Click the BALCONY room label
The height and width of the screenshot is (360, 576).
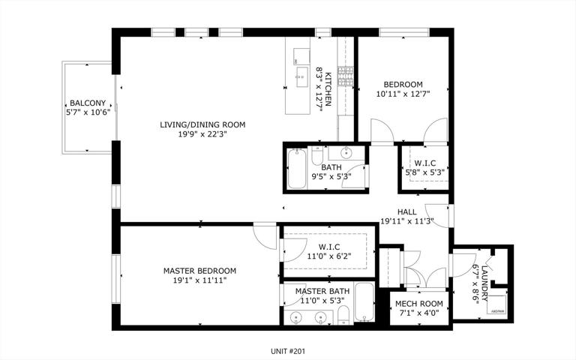88,103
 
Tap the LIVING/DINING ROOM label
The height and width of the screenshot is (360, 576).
202,124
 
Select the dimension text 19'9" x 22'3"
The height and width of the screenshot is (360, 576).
202,134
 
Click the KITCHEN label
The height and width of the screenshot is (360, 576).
328,89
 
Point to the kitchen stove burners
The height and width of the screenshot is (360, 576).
345,76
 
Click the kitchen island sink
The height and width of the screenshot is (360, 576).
302,76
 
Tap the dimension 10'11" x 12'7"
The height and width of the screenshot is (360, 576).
403,94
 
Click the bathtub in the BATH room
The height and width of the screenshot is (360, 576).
297,169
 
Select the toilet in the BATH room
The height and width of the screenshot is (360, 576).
317,156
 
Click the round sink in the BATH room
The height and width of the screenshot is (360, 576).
346,152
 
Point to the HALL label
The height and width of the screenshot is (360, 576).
407,212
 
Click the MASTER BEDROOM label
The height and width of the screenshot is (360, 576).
199,271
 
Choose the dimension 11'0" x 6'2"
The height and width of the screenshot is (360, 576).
329,256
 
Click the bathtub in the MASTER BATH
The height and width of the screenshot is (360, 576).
364,302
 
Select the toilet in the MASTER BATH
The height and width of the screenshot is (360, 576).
343,316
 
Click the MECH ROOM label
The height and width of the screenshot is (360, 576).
419,304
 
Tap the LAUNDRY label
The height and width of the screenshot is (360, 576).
485,283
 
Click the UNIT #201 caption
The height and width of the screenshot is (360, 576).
288,351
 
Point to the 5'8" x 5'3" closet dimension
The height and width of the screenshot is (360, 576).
424,172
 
